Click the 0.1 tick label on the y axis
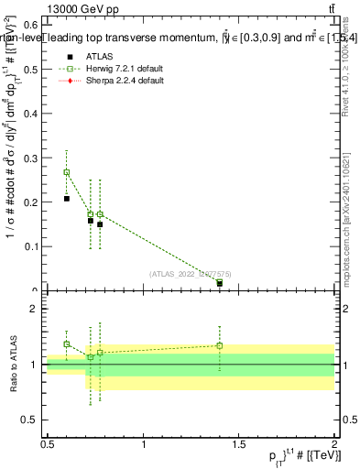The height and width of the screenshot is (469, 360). click(29, 246)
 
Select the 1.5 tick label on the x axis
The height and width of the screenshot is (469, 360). click(239, 444)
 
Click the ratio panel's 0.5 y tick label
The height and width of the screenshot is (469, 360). click(29, 420)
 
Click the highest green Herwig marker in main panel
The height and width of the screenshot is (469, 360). click(66, 172)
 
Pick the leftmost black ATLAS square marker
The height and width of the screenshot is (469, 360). click(66, 198)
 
